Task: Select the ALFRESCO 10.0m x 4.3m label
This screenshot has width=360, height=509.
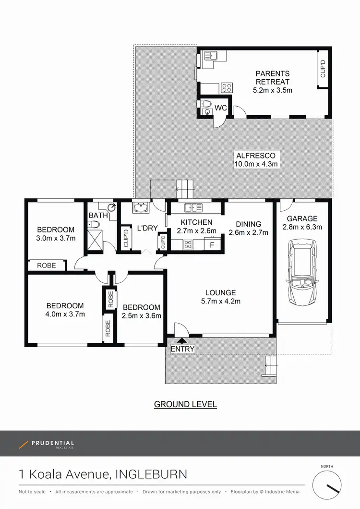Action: pos(256,159)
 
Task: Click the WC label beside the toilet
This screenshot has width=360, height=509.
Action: pos(221,108)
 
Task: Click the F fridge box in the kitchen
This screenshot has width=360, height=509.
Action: pos(211,244)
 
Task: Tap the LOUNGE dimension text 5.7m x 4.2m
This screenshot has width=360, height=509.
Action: pos(220,301)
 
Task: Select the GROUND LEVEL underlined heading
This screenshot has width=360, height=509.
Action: pos(185,404)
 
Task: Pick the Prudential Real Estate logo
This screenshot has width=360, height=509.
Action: pos(47,444)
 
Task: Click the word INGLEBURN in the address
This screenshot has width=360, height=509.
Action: pos(151,474)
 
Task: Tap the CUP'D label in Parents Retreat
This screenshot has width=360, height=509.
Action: pos(323,69)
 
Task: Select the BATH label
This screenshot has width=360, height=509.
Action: pos(98,216)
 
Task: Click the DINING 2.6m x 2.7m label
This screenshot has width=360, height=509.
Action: pos(248,228)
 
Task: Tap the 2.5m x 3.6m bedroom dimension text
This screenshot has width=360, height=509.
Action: pos(142,315)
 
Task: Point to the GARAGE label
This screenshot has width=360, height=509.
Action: pos(302,219)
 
